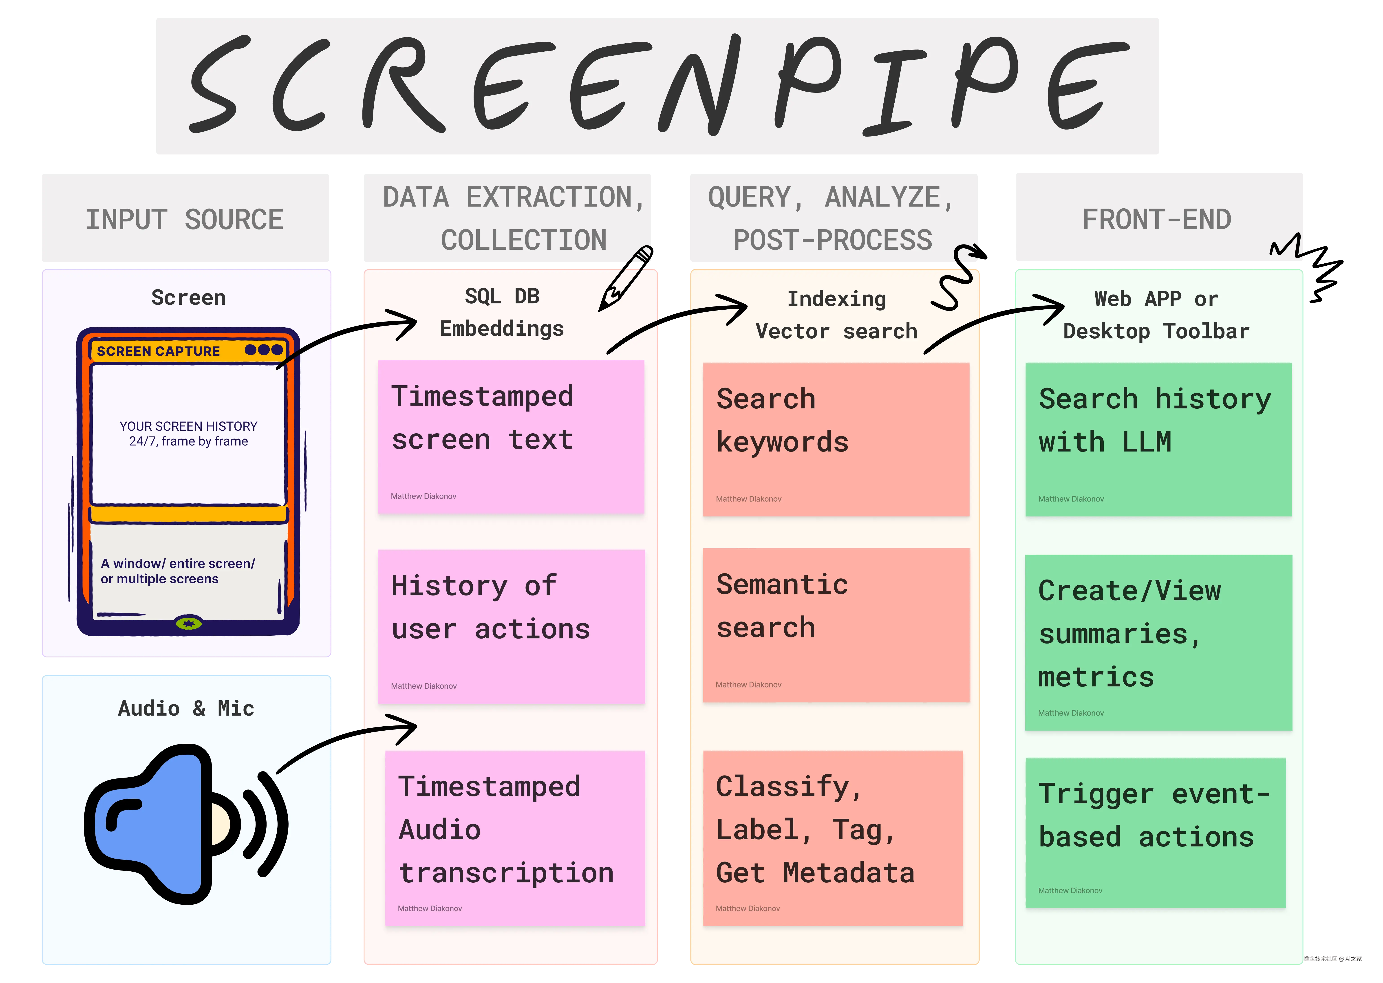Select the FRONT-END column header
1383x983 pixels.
pyautogui.click(x=1157, y=219)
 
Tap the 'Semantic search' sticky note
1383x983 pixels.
pyautogui.click(x=836, y=625)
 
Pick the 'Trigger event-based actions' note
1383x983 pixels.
pyautogui.click(x=1156, y=832)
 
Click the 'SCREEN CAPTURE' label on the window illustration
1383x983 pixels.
pyautogui.click(x=159, y=351)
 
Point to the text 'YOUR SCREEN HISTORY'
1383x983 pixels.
pyautogui.click(x=188, y=426)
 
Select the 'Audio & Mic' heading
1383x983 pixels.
pyautogui.click(x=186, y=708)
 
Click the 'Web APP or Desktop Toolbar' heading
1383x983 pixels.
pyautogui.click(x=1156, y=315)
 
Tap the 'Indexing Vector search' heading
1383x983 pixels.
pyautogui.click(x=836, y=315)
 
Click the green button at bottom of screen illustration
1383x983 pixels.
pyautogui.click(x=189, y=624)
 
